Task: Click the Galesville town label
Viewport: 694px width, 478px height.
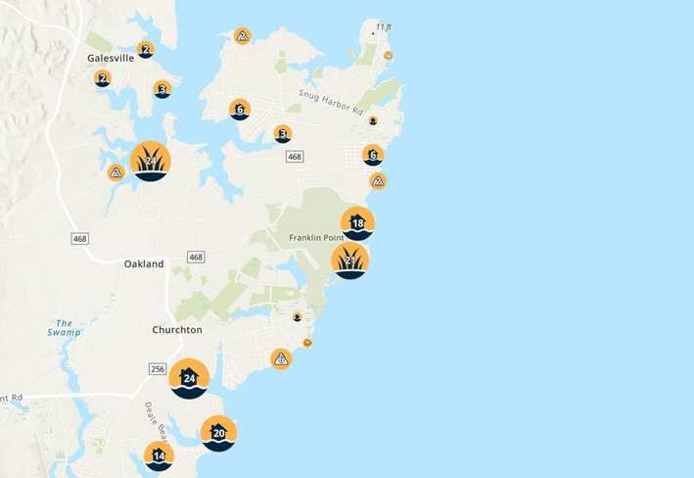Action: pos(110,58)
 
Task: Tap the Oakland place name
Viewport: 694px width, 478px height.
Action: pos(144,264)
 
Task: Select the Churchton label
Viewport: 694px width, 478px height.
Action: pos(176,330)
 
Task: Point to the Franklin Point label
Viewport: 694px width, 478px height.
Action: pos(313,238)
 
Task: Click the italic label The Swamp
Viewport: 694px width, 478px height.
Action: pos(65,327)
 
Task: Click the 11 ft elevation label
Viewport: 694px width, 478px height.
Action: pos(383,26)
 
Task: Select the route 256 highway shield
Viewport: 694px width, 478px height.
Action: pos(158,368)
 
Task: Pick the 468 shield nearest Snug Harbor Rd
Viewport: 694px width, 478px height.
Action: pos(295,157)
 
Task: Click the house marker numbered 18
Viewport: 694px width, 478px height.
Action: pos(357,223)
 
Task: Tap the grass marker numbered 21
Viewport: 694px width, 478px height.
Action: pos(349,261)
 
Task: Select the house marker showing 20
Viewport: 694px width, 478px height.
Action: pos(218,433)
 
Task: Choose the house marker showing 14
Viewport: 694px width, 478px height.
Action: pos(159,455)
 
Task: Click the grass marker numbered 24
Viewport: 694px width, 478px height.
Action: pos(151,162)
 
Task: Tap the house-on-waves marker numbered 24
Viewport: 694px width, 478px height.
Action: pos(189,378)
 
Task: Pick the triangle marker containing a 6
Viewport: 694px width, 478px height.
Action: pos(281,359)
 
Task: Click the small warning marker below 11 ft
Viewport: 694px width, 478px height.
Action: pos(389,55)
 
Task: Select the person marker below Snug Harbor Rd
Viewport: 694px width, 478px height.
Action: pos(373,120)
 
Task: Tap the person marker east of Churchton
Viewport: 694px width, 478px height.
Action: pos(297,317)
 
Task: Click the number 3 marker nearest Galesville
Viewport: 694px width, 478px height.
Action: pos(162,89)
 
